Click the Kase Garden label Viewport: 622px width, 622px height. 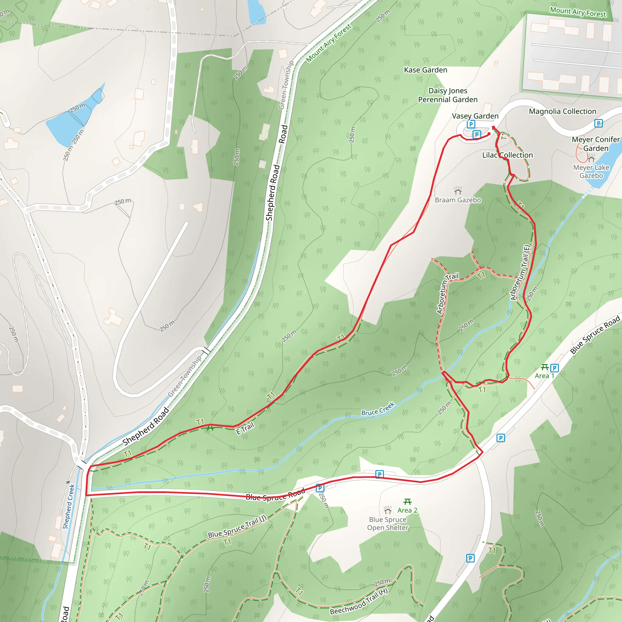point(425,70)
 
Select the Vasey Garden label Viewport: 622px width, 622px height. point(475,116)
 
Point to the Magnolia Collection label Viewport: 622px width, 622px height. point(562,111)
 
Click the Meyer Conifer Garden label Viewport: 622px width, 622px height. point(596,144)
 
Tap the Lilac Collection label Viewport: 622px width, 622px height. point(508,155)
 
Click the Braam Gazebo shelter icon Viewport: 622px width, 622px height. point(457,191)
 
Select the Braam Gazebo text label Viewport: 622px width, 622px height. point(457,200)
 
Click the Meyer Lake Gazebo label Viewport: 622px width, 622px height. point(591,172)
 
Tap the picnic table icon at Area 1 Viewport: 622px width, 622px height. point(545,367)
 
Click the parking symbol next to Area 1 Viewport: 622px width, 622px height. point(554,368)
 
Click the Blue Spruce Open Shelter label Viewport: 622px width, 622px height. point(388,524)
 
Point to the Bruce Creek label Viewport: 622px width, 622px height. point(378,409)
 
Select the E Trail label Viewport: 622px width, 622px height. point(245,429)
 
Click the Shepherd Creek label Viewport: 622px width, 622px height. point(68,507)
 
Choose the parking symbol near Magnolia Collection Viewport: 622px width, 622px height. point(598,123)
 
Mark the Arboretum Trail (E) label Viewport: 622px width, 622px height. point(521,272)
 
